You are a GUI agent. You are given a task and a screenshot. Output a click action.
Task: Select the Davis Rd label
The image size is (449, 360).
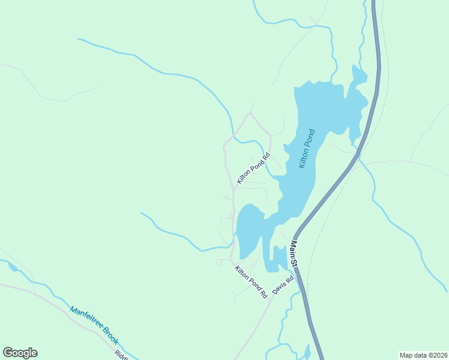pyautogui.click(x=283, y=284)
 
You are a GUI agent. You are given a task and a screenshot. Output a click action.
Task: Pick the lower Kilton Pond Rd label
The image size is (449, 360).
pyautogui.click(x=251, y=282)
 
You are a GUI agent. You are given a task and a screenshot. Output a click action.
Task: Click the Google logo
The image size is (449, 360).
pyautogui.click(x=20, y=353)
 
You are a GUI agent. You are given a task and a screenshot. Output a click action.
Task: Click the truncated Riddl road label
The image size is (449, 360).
pyautogui.click(x=122, y=355)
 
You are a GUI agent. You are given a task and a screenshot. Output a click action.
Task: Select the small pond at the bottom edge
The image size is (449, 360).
pyautogui.click(x=307, y=352)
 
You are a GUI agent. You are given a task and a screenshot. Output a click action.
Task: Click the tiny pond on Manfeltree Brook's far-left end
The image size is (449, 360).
pyautogui.click(x=12, y=266)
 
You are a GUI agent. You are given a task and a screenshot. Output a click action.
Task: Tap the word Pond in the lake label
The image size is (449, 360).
pyautogui.click(x=310, y=139)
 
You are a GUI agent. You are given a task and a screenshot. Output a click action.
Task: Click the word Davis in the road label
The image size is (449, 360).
pyautogui.click(x=279, y=287)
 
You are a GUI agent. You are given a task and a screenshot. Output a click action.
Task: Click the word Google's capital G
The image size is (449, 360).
pyautogui.click(x=8, y=353)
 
